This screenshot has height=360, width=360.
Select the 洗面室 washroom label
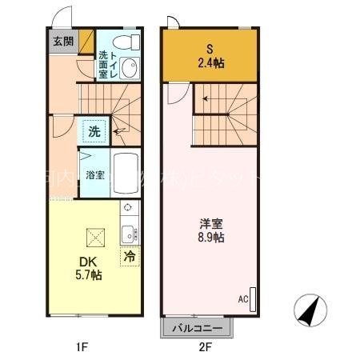pos(103,64)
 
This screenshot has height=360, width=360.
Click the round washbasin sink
pos(130,67)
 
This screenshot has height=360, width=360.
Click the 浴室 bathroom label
pos(94,174)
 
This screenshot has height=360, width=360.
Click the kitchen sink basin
pos(128,234)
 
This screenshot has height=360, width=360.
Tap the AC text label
pos(242,300)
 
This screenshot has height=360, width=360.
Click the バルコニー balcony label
pos(198,328)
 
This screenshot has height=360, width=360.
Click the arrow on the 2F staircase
pos(207,99)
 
